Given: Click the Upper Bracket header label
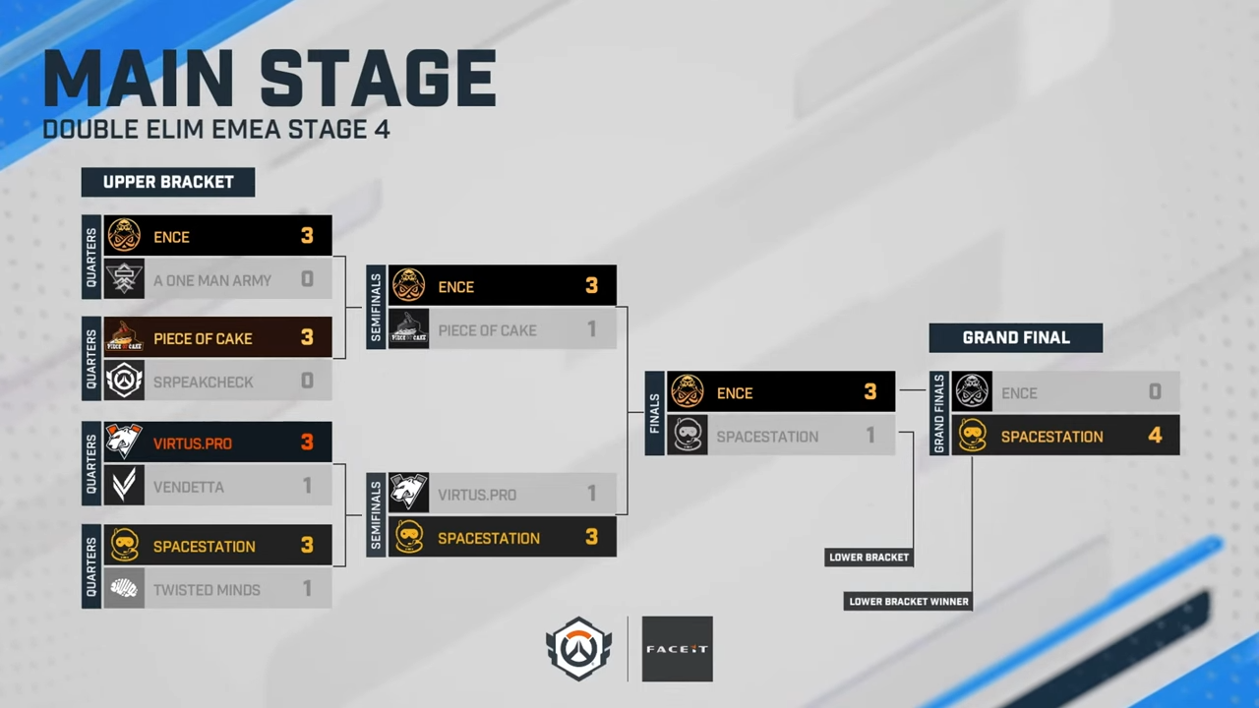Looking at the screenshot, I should point(168,182).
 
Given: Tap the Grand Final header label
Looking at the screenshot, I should point(1015,337).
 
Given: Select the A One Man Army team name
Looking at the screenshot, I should point(212,280).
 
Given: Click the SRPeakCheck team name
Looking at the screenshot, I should point(203,382).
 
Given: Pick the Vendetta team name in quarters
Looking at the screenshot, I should point(189,487).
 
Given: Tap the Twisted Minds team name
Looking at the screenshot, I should point(207,590).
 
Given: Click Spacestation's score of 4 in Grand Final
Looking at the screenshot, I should point(1155,436).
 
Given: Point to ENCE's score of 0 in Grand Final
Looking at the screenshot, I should point(1155,392).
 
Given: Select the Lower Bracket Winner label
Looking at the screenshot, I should point(908,601).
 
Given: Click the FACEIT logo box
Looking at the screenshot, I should point(677,649).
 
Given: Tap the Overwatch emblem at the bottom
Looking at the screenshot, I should point(578,649).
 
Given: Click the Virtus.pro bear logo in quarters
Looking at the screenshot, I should point(125,442).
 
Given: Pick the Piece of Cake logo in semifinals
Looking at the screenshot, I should point(409,330).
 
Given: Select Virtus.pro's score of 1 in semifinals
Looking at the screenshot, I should point(591,494).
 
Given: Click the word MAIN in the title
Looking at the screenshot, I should point(138,78).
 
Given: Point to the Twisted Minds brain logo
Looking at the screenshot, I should point(125,590).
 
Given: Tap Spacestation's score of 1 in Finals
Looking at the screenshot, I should point(869,436).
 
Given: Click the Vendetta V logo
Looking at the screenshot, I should point(125,487).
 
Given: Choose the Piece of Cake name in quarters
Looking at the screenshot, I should point(203,338).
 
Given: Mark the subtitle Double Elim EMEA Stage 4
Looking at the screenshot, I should point(216,130).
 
